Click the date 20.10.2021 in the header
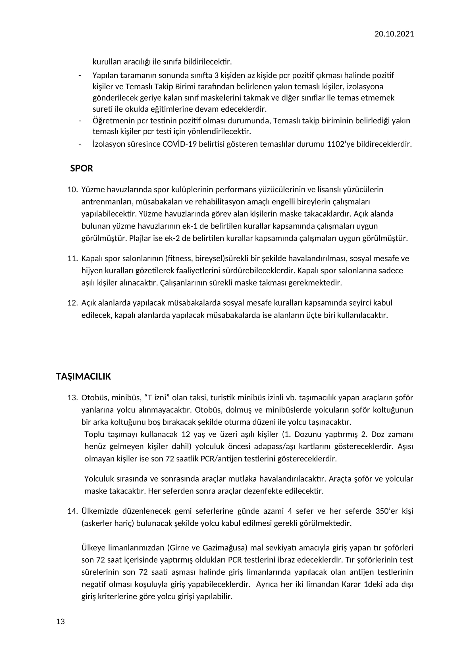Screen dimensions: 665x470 point(394,34)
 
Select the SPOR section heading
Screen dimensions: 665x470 point(81,168)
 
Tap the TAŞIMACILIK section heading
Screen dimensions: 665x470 point(83,376)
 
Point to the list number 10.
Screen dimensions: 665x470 point(72,190)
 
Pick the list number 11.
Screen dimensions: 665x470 point(72,258)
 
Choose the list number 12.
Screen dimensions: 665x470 point(72,303)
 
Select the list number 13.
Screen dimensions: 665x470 point(72,398)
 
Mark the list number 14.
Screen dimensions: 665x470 point(72,511)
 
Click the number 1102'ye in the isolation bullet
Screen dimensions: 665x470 point(340,144)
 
